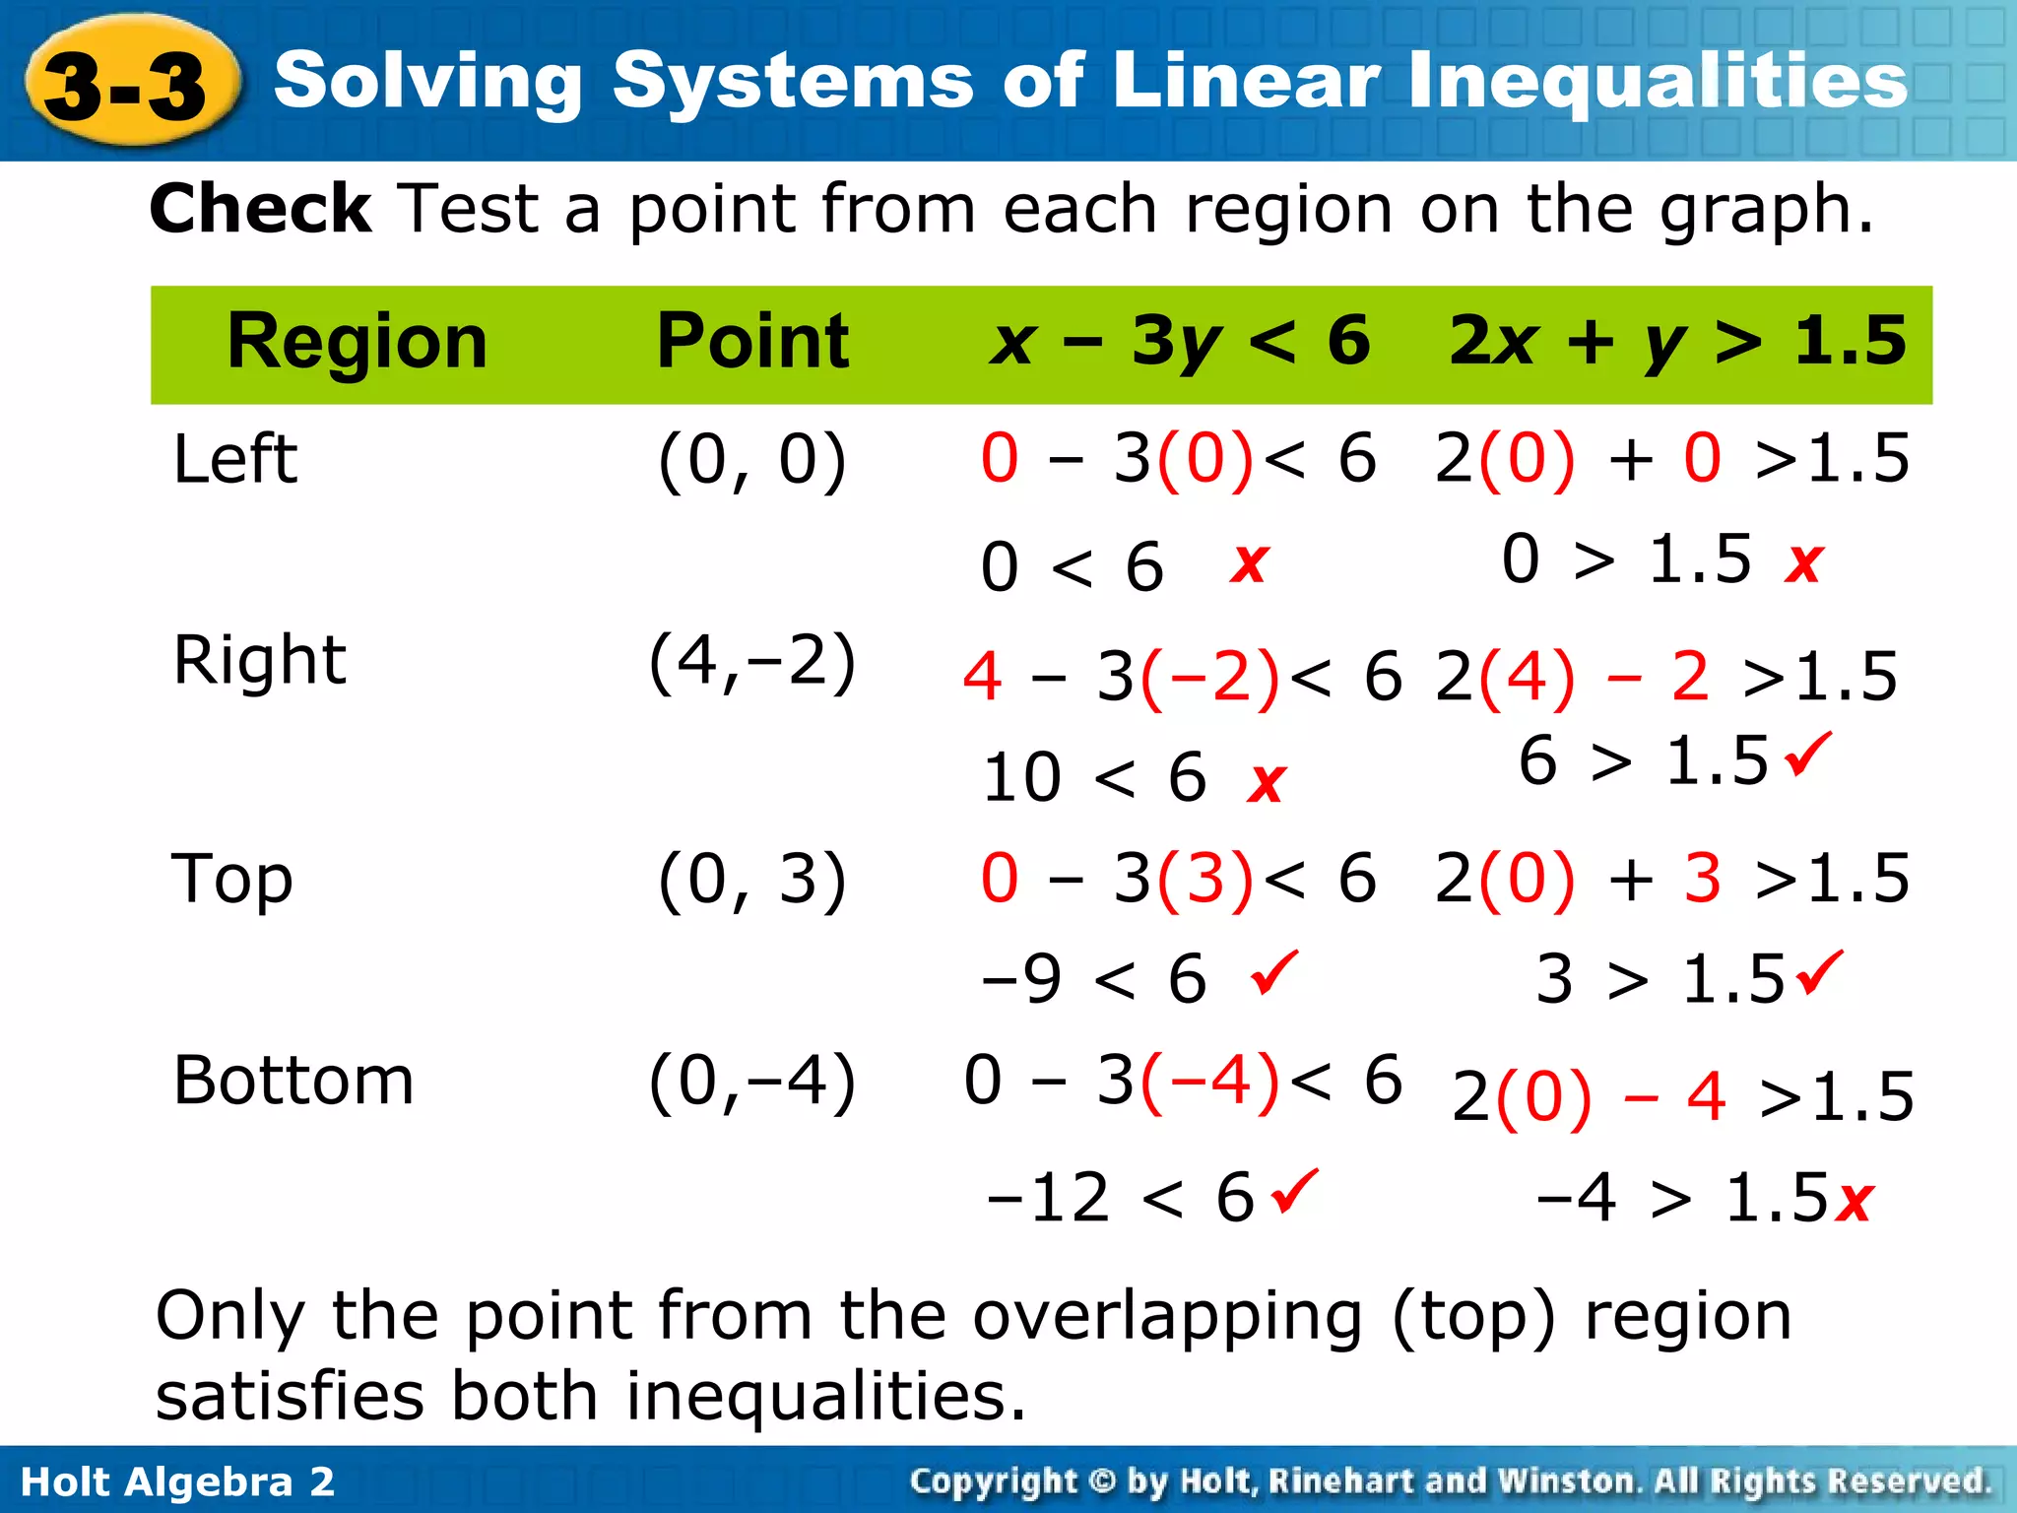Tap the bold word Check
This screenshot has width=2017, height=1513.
click(261, 209)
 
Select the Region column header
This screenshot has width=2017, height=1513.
click(357, 342)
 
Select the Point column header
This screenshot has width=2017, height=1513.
click(752, 342)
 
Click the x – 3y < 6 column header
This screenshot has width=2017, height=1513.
click(1180, 342)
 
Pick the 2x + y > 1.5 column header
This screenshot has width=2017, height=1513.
click(1677, 342)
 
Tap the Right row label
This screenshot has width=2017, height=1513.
click(259, 660)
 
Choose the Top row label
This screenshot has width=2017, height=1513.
click(232, 879)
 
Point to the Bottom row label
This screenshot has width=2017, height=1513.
click(293, 1081)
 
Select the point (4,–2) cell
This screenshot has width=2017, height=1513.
click(752, 660)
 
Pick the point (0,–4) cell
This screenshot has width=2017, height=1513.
click(752, 1081)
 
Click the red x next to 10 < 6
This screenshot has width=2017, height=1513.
click(1267, 783)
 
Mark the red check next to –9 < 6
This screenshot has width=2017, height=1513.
click(1274, 972)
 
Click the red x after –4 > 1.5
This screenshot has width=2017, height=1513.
click(1855, 1201)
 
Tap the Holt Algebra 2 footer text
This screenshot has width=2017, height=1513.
click(177, 1481)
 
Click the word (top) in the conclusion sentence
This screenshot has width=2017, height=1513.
click(1474, 1316)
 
